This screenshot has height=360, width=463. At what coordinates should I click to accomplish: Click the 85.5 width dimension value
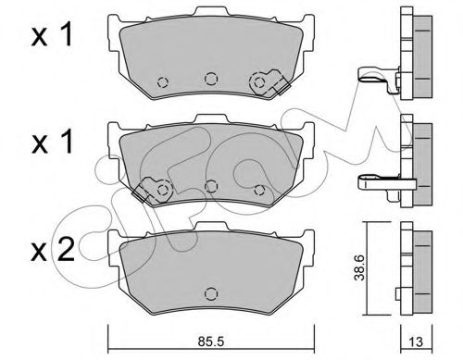210,341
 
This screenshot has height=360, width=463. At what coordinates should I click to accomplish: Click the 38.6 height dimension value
360,267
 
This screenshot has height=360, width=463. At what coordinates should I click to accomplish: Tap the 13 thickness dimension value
417,342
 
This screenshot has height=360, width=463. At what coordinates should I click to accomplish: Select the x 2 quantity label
53,250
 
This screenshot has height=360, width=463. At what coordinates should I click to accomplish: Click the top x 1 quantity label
52,35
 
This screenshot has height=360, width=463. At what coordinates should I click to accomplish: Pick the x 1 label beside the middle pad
52,142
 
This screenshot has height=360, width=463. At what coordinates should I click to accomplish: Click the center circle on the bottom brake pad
210,293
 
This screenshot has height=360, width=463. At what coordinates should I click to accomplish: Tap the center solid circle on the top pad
210,79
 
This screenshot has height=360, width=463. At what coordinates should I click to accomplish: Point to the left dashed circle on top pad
162,82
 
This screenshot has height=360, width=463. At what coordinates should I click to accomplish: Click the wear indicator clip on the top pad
269,82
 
